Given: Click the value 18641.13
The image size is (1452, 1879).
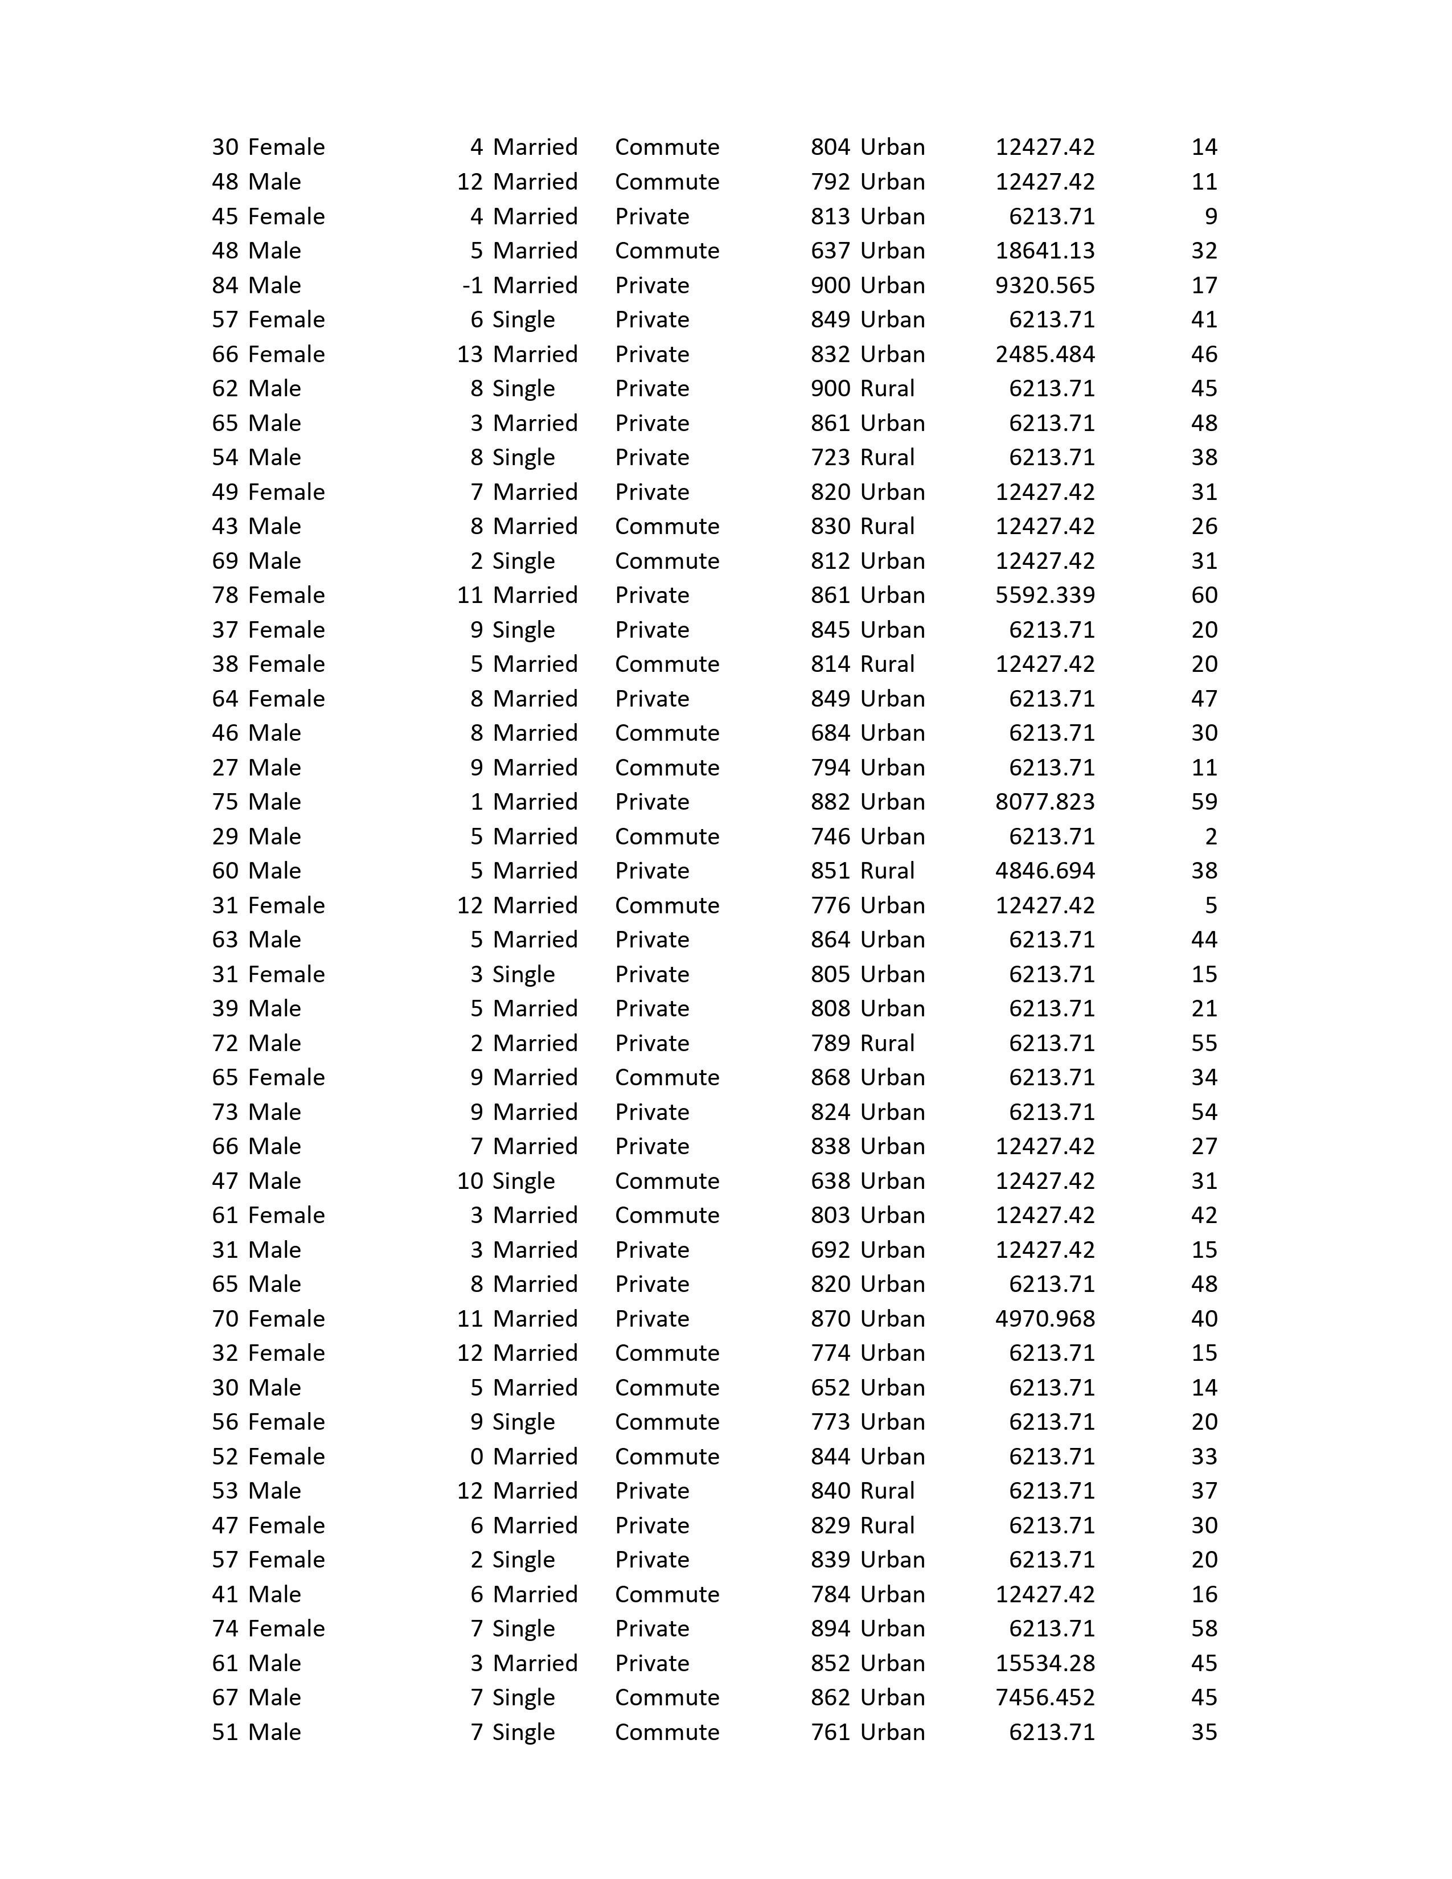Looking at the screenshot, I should click(x=1044, y=251).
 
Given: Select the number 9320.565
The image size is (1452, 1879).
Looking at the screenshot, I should click(x=1044, y=285).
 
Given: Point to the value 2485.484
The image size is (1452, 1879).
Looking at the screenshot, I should click(x=1044, y=354).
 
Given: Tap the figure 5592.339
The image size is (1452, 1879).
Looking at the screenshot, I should click(x=1044, y=594).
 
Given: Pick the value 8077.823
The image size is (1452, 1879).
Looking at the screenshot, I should click(x=1044, y=801).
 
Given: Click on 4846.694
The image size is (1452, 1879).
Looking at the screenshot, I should click(x=1044, y=870).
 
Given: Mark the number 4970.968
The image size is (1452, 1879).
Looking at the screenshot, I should click(x=1044, y=1318).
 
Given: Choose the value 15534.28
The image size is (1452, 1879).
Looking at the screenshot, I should click(x=1044, y=1662).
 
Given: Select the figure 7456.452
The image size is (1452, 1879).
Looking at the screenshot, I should click(x=1044, y=1697).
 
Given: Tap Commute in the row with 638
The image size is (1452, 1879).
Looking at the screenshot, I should click(x=667, y=1180).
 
